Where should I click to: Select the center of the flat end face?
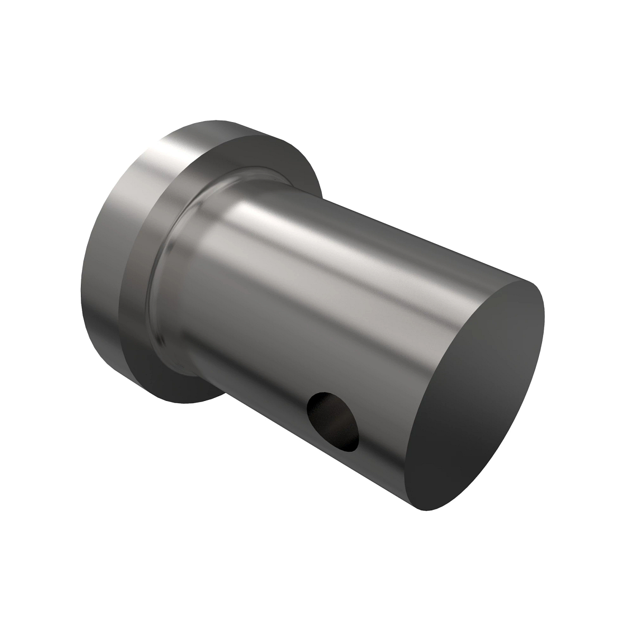click(478, 394)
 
